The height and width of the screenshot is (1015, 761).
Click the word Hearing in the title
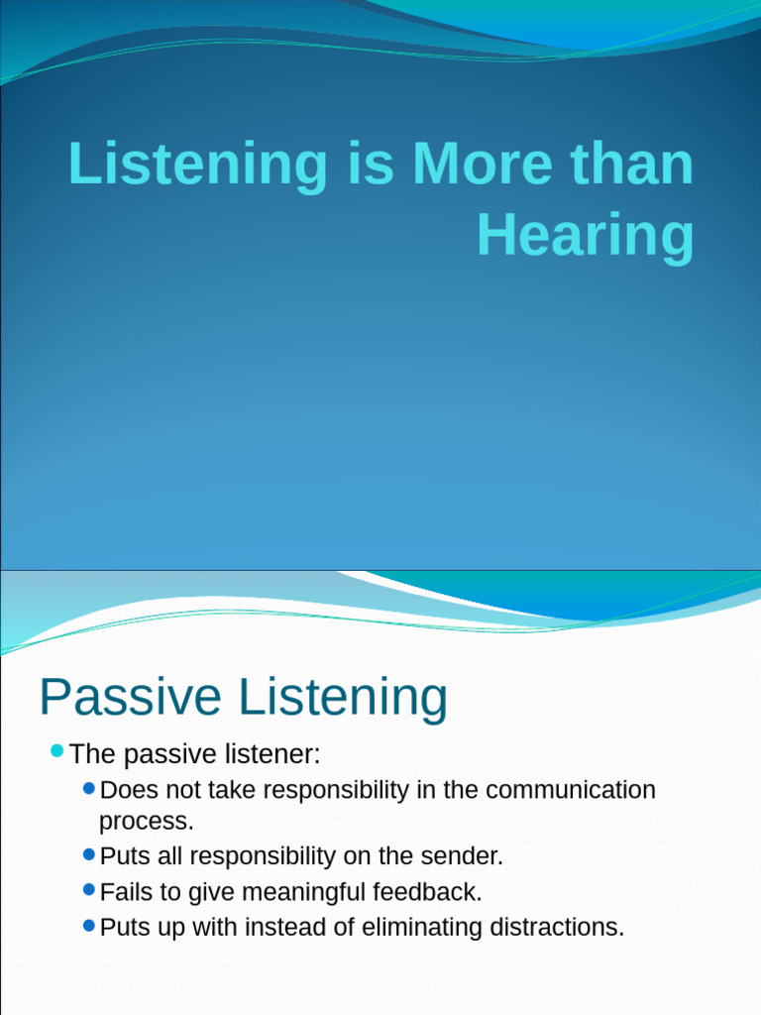[585, 237]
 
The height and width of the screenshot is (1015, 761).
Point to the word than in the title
[636, 165]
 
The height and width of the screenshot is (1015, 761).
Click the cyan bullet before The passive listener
[56, 751]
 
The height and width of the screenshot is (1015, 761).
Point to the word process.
[147, 821]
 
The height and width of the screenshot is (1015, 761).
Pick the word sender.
[463, 856]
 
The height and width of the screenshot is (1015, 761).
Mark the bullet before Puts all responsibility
[89, 853]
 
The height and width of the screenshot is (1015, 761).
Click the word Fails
[127, 892]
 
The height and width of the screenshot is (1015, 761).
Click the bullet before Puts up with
[89, 926]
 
